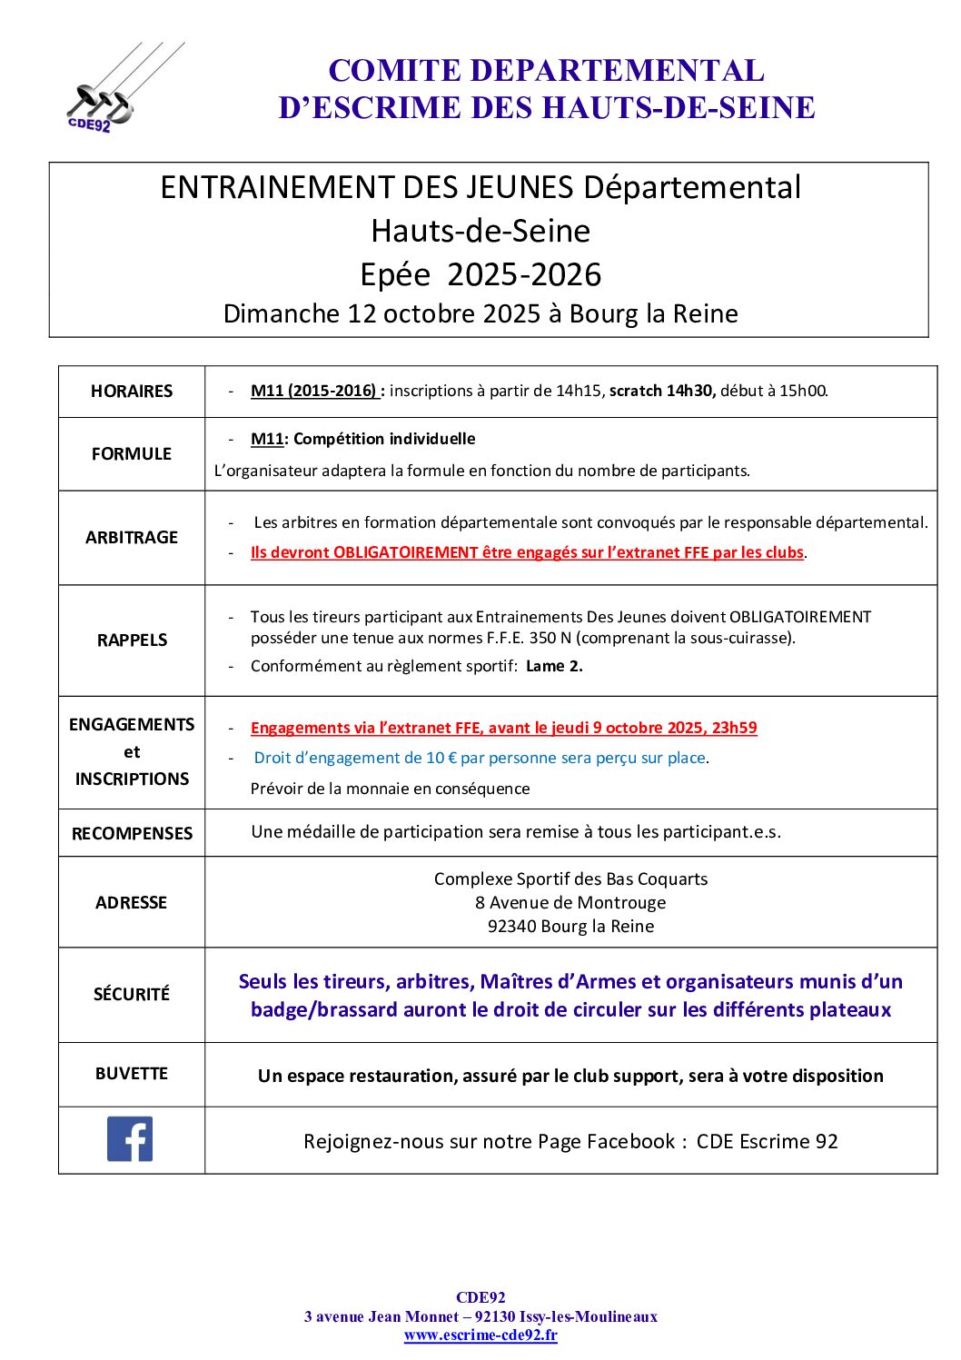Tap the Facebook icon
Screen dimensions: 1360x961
click(130, 1138)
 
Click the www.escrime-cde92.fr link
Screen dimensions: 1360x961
click(480, 1335)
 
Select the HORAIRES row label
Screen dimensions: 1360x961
click(132, 392)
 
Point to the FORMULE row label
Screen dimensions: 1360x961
click(132, 453)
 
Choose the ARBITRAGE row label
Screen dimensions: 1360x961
click(132, 538)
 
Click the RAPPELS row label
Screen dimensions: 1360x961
click(133, 640)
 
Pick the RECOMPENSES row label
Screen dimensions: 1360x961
click(132, 833)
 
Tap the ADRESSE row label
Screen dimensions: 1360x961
click(132, 902)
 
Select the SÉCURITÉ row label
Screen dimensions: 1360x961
click(132, 994)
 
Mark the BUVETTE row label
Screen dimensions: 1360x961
click(132, 1074)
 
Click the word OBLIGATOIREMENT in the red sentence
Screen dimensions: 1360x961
click(405, 552)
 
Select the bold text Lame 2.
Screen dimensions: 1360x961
click(554, 666)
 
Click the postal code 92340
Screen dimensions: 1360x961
click(511, 926)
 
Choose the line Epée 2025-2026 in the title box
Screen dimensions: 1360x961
click(480, 274)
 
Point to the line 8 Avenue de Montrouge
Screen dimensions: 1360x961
click(570, 902)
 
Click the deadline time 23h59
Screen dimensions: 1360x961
click(735, 728)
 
